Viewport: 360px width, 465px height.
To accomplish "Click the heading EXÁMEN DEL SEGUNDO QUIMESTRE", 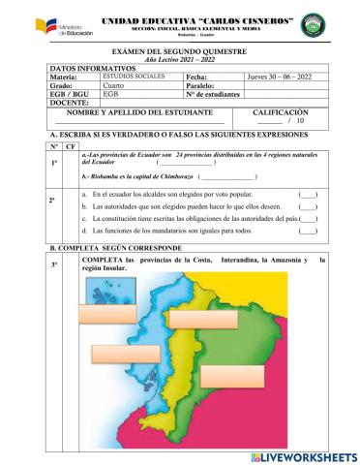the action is (180, 49).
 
